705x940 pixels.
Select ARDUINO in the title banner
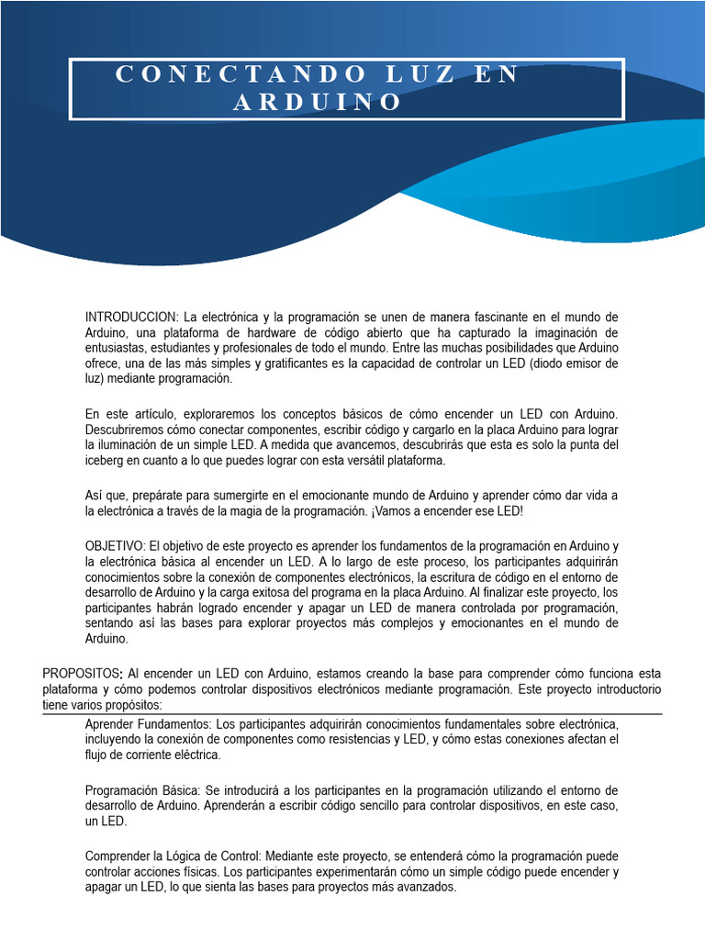coord(318,103)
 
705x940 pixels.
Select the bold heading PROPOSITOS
coord(83,673)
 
